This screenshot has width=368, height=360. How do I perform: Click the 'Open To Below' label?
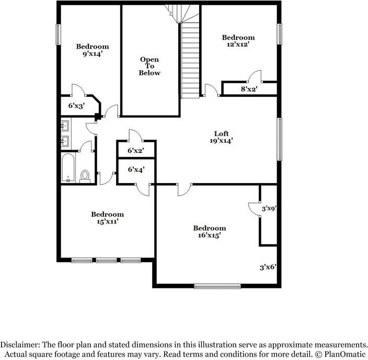[x=149, y=66]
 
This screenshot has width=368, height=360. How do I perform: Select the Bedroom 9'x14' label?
[x=93, y=50]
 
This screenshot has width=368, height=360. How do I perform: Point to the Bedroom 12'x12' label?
[x=238, y=41]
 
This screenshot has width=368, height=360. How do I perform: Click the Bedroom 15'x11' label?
[x=107, y=218]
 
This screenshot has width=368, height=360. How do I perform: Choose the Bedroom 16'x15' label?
[x=210, y=231]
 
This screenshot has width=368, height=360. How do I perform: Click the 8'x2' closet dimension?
[x=249, y=89]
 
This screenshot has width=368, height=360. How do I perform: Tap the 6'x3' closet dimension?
[x=77, y=106]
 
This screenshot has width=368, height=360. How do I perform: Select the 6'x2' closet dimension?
[x=136, y=151]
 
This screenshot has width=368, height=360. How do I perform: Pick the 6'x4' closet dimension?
[x=136, y=170]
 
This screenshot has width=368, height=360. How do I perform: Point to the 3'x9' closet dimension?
[x=269, y=208]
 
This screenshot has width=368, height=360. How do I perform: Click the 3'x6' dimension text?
[x=268, y=267]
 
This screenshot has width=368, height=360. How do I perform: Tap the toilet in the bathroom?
[x=85, y=176]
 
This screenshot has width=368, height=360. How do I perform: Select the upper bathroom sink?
[x=65, y=126]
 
